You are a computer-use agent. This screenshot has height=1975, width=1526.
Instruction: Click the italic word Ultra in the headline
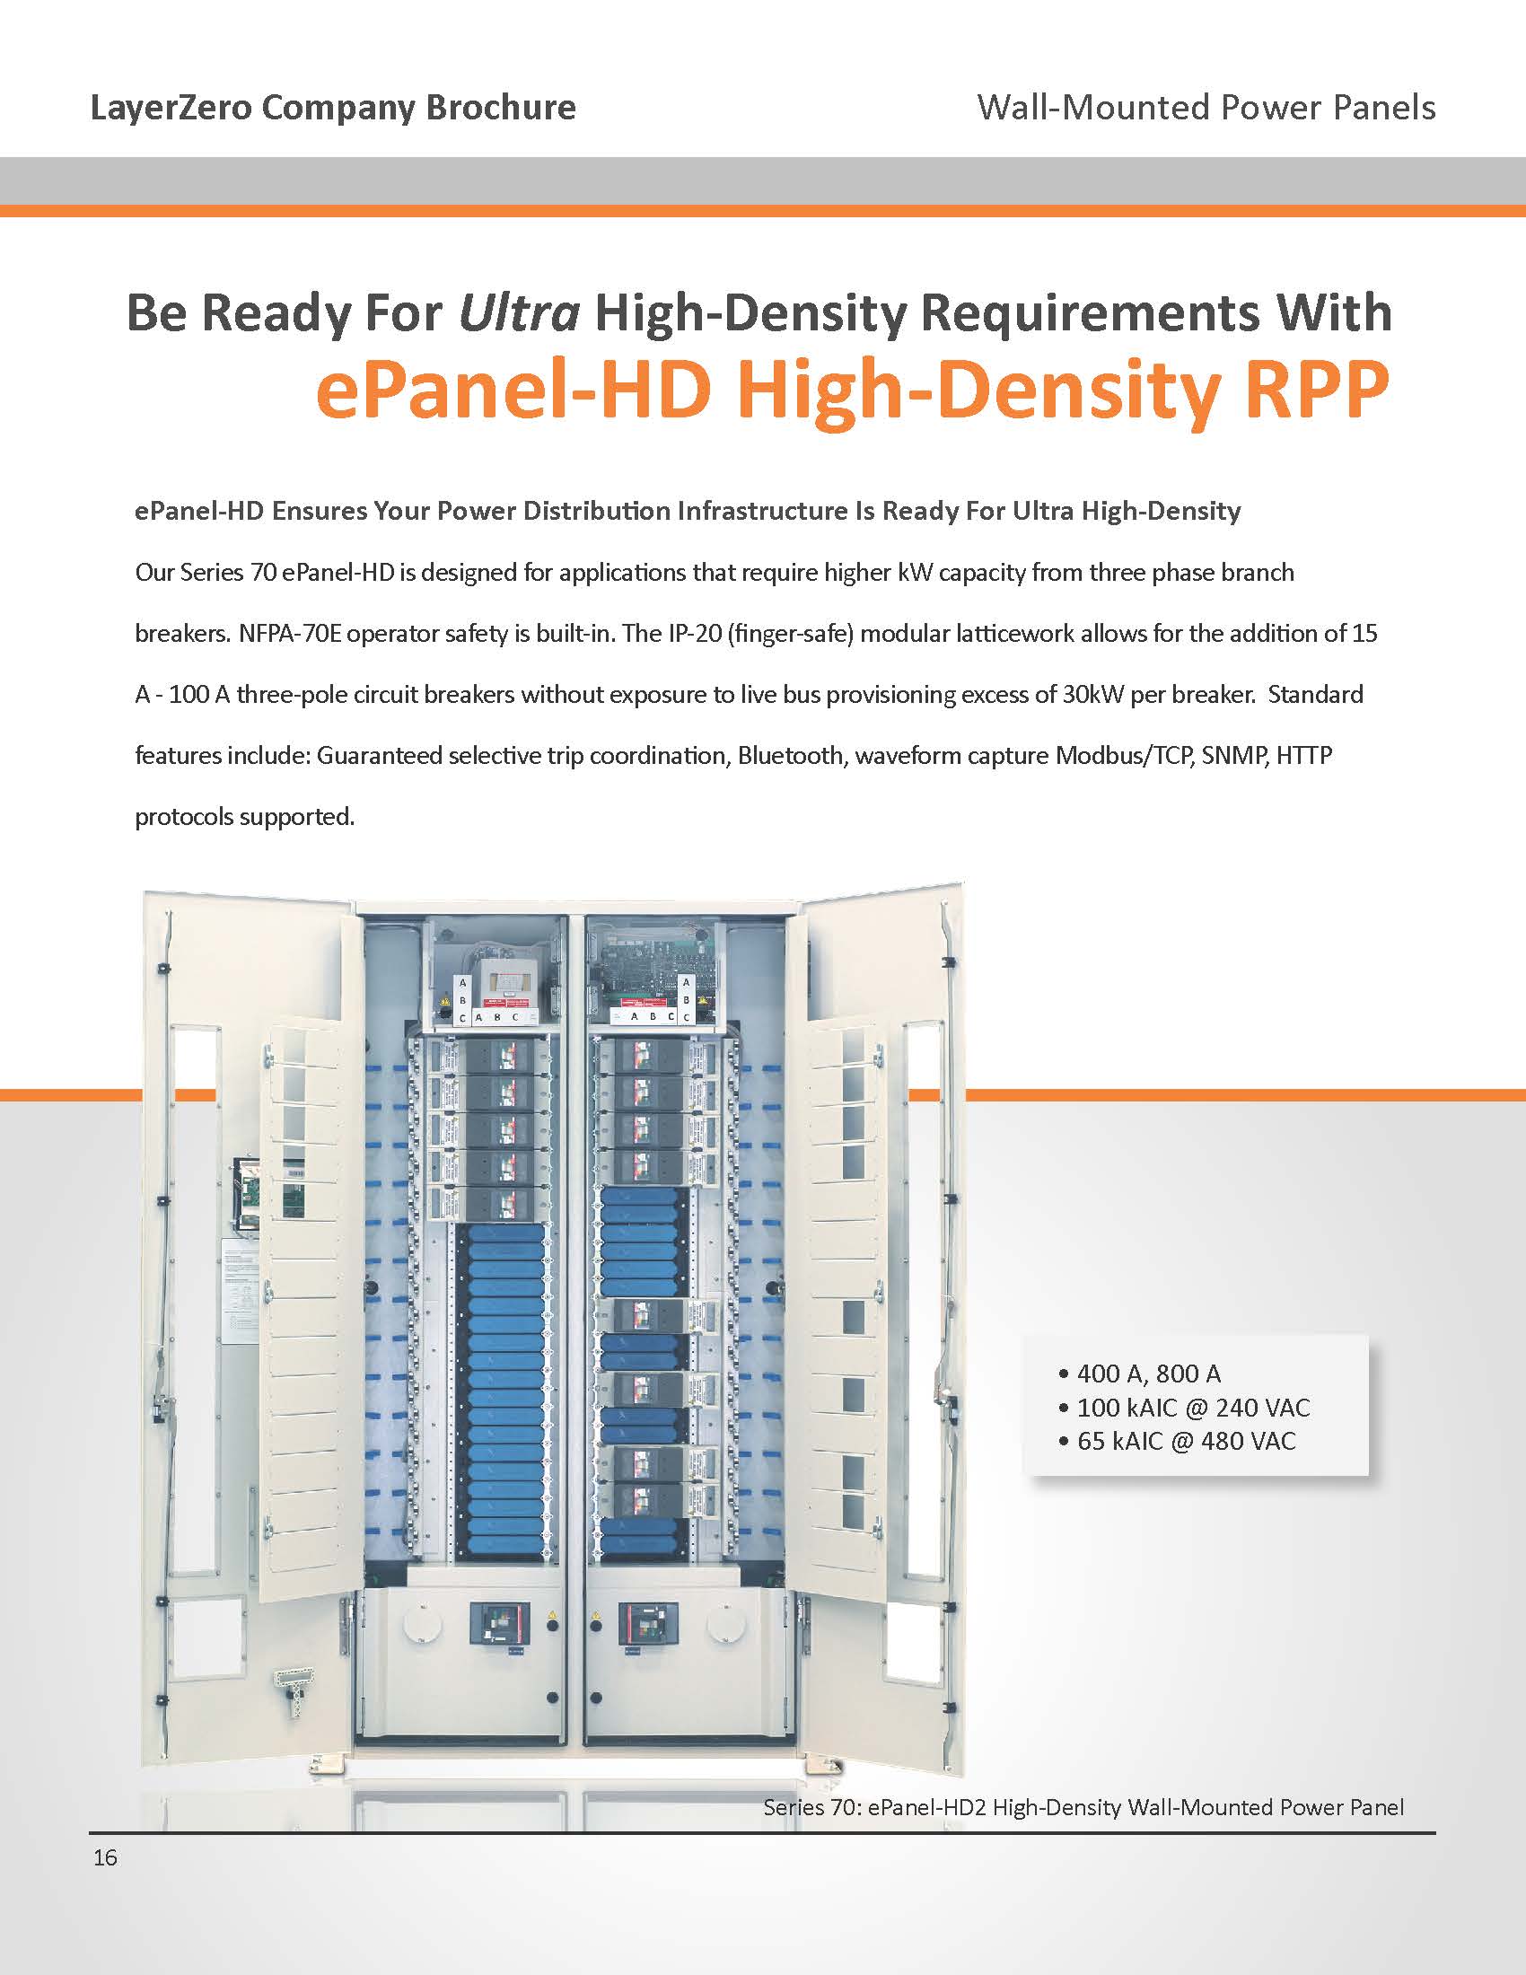point(519,313)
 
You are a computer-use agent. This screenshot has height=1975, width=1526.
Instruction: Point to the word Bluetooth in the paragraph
point(789,755)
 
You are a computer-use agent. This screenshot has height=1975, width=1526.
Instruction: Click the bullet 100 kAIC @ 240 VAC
point(1192,1407)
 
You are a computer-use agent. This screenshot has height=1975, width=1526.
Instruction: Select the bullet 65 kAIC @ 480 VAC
point(1185,1441)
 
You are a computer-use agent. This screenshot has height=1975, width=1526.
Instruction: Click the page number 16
point(105,1857)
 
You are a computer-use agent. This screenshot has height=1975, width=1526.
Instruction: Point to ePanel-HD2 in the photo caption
point(926,1807)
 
